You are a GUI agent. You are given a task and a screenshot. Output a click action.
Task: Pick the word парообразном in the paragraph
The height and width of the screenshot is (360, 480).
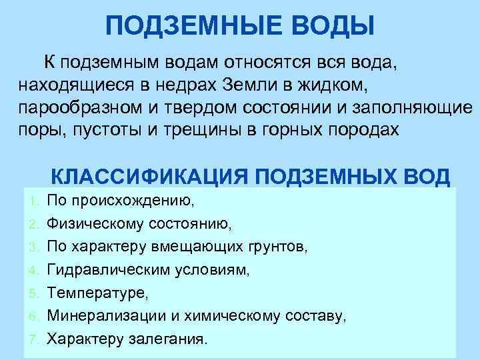77,107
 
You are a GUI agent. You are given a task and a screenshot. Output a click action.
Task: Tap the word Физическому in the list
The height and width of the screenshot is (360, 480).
95,223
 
